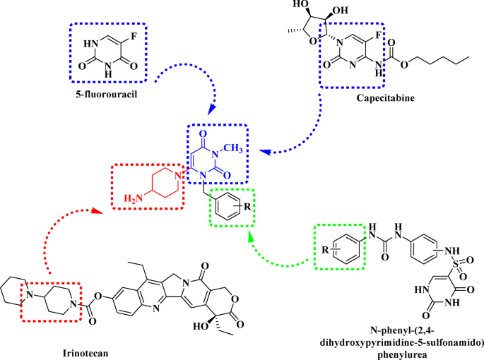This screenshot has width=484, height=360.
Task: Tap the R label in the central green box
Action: click(244, 207)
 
